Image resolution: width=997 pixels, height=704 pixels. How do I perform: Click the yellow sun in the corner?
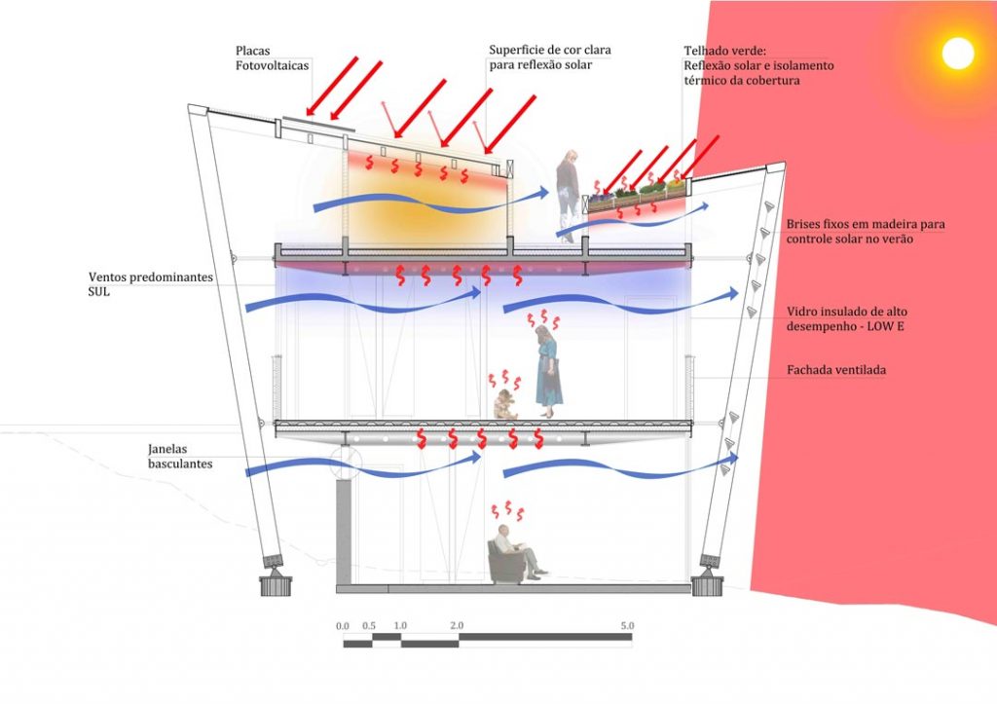[x=957, y=53]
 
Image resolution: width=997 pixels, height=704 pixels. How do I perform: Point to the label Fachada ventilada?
[x=835, y=371]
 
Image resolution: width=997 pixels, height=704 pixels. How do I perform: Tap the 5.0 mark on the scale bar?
[x=626, y=625]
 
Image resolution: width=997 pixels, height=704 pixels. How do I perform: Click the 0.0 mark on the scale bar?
[x=343, y=625]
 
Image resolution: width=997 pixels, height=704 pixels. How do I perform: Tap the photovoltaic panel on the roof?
[x=314, y=124]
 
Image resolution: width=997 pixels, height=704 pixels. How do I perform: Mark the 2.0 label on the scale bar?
[x=457, y=625]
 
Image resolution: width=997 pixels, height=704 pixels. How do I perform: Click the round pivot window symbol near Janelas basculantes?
[x=346, y=460]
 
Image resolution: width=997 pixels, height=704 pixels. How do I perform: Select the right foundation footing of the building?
[x=707, y=585]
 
